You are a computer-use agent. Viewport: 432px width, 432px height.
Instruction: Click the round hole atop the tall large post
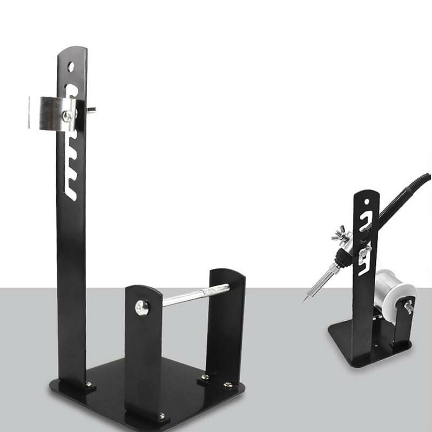tap(71, 66)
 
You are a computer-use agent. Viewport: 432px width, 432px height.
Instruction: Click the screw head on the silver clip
tap(66, 116)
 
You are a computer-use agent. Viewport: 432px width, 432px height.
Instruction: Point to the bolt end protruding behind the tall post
tap(91, 111)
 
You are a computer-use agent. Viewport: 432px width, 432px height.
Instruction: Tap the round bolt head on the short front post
tap(142, 307)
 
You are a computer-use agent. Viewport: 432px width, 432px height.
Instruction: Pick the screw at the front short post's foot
tap(161, 415)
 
